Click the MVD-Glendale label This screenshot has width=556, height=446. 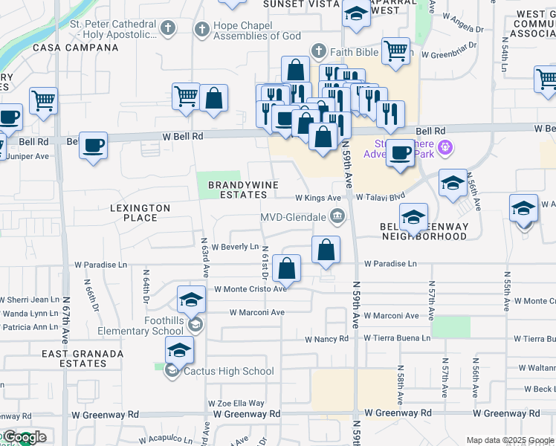[293, 217]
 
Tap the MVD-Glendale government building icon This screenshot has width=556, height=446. [337, 217]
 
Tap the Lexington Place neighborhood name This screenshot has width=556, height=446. [140, 213]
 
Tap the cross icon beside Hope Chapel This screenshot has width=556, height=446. [201, 30]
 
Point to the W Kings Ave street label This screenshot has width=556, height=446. [317, 198]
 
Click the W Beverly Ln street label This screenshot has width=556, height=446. [235, 247]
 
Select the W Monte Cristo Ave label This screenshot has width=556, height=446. [250, 289]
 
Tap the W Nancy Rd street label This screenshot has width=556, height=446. [326, 339]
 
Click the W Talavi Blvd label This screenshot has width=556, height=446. [380, 198]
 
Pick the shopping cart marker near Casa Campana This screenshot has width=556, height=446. [44, 100]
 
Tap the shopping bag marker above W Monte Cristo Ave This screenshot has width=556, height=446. [286, 268]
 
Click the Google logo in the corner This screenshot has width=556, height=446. [24, 438]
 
